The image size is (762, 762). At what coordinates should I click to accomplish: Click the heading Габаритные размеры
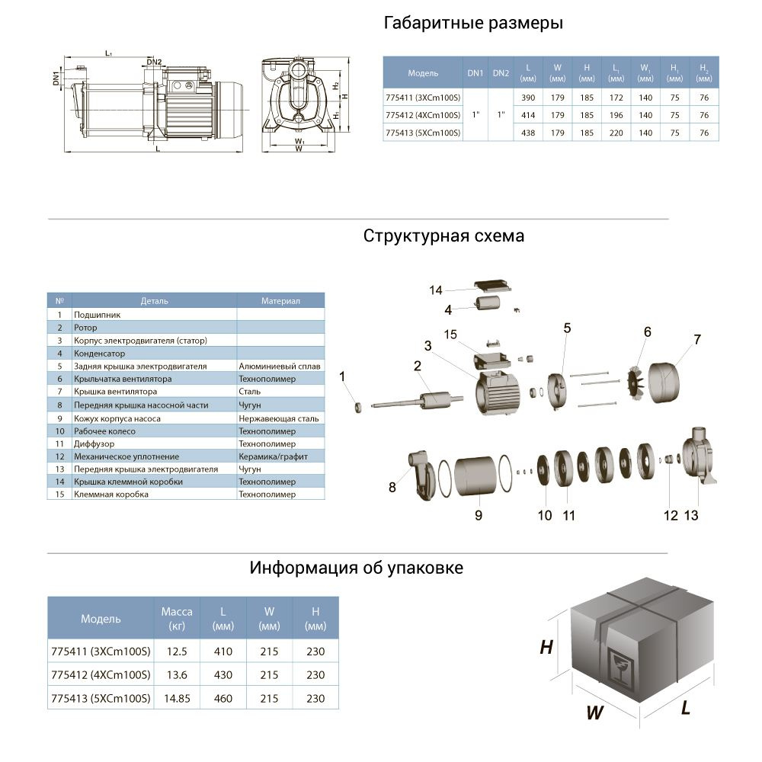tap(473, 23)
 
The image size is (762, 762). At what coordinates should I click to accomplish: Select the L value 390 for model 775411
tap(529, 98)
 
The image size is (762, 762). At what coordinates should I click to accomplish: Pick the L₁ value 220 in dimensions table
tap(616, 133)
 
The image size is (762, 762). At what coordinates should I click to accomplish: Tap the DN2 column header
tap(501, 73)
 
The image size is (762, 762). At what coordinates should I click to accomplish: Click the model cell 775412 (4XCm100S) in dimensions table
tap(423, 115)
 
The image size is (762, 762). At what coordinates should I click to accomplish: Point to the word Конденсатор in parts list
tap(100, 354)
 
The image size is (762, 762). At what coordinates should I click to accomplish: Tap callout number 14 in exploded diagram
tap(436, 290)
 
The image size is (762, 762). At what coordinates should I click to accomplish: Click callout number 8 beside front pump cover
tap(392, 488)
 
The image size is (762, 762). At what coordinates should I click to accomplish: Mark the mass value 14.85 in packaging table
tap(177, 698)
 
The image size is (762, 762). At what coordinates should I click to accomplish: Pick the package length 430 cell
tap(223, 674)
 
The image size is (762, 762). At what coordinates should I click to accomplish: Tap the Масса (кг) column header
tap(177, 618)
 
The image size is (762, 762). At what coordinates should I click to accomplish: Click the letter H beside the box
tap(546, 648)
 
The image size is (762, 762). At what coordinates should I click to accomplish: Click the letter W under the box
tap(594, 713)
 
